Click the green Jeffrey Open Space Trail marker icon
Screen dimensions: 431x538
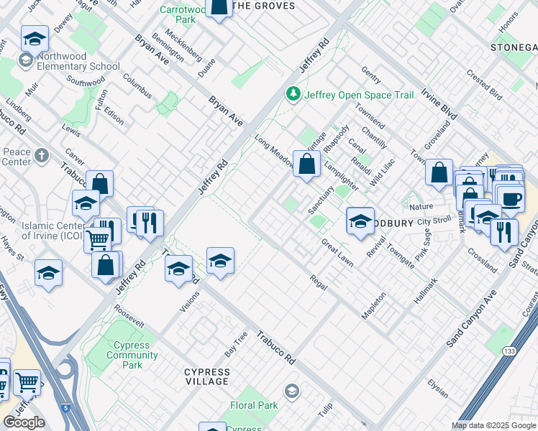(293, 94)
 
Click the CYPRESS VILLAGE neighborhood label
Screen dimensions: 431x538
(207, 376)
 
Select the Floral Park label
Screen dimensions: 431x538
(254, 405)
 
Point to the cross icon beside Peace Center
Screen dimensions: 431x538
(42, 154)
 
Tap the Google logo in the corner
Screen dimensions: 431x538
(24, 422)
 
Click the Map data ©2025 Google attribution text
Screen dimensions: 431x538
(493, 425)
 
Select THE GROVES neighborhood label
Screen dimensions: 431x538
(265, 6)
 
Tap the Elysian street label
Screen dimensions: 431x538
(437, 388)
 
